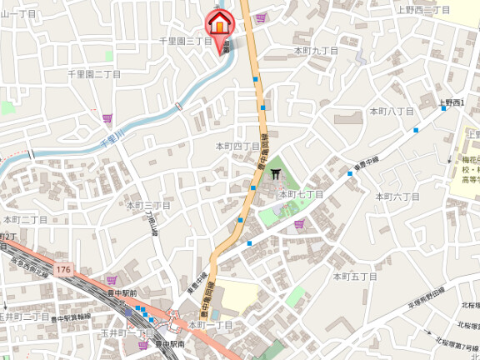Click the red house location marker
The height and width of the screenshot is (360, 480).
tap(219, 24)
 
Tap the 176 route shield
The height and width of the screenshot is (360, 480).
tap(64, 271)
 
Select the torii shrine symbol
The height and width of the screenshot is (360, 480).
tap(276, 174)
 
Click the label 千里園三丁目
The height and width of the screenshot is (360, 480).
tap(186, 41)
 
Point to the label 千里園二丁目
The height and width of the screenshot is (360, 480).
tap(94, 74)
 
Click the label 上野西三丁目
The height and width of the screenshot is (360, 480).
tap(422, 9)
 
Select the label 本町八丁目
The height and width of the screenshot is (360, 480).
tap(392, 111)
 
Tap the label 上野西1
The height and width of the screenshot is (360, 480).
tap(452, 102)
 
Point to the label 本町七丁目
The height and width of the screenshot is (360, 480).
tap(301, 194)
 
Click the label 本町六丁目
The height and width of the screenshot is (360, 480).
tap(397, 197)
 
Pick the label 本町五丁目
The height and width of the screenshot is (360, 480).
tap(356, 276)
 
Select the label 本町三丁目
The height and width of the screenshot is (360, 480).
tap(147, 205)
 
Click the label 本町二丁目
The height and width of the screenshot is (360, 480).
tap(25, 219)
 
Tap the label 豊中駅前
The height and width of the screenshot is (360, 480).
tap(122, 292)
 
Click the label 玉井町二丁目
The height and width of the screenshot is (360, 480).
tap(24, 317)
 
